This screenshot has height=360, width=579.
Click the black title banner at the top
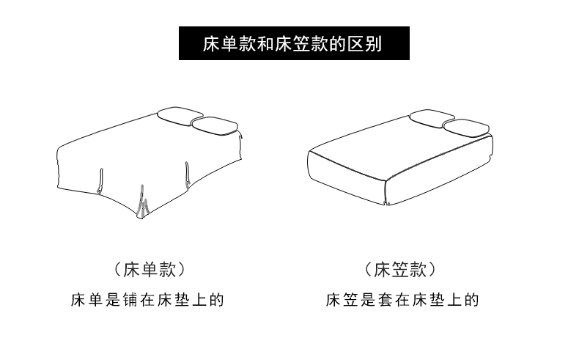coord(294,43)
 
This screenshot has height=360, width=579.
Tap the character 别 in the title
coord(373,43)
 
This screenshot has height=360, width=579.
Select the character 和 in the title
coord(265,43)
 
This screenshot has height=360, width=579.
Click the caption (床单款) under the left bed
coord(150,270)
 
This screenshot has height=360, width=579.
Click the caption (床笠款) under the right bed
coord(400,270)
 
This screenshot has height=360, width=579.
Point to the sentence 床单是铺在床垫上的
coord(147,300)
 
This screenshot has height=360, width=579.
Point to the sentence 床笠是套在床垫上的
coord(402,300)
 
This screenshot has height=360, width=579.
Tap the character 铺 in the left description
coord(130,300)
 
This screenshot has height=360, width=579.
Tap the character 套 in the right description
coord(385,300)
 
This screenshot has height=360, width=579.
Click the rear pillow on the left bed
coord(180,114)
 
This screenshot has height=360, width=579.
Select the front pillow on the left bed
coord(215,125)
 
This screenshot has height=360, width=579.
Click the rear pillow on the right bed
coord(432,117)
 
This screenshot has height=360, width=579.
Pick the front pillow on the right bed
coord(466,128)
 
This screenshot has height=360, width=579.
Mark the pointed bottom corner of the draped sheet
coord(141,218)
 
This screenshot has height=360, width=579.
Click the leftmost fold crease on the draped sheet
coord(100,181)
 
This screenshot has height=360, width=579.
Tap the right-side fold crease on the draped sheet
coord(188,175)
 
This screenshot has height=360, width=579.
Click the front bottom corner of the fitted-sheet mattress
coord(388,204)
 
